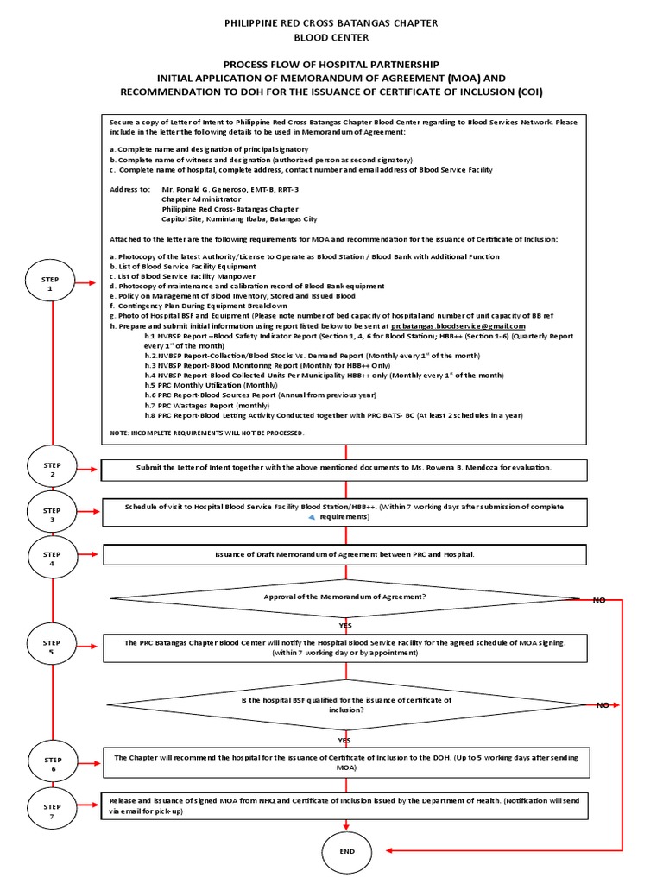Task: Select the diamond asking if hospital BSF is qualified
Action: pos(345,704)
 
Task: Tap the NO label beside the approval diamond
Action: pos(598,599)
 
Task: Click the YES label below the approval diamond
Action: pos(344,625)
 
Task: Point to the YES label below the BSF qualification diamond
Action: pos(344,740)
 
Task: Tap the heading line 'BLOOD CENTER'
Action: pos(331,38)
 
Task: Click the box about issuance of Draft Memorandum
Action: pos(345,553)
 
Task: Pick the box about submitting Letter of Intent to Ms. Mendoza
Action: pos(345,467)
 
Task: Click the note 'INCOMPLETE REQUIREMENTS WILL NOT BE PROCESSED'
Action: pos(207,431)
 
